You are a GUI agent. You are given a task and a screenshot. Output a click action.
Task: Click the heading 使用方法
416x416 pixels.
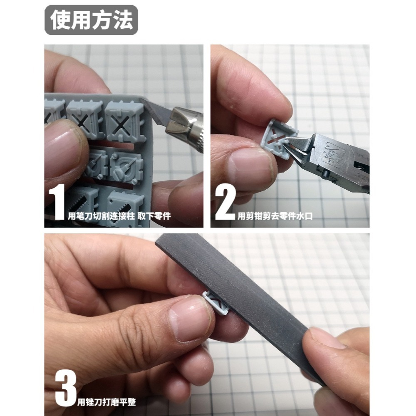pos(92,20)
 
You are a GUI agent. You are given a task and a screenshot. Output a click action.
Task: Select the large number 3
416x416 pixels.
pos(66,388)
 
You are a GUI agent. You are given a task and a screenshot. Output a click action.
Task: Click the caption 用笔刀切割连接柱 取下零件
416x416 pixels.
pos(119,216)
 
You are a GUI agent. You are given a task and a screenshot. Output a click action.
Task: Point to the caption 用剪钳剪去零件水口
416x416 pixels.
pos(275,216)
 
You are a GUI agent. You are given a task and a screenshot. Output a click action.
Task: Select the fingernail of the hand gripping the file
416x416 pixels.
pos(329,337)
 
